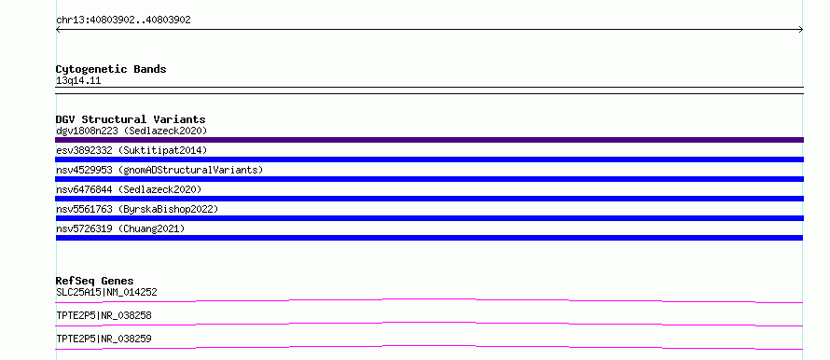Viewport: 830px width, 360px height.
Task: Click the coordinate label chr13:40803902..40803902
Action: pyautogui.click(x=123, y=21)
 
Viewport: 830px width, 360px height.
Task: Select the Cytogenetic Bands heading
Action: pyautogui.click(x=111, y=69)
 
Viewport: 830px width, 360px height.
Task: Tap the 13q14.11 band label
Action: pyautogui.click(x=78, y=81)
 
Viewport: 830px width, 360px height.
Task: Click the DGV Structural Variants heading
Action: pyautogui.click(x=131, y=119)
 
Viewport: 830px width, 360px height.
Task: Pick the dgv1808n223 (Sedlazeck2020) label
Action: pyautogui.click(x=131, y=131)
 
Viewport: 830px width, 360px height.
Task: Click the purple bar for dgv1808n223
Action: pyautogui.click(x=429, y=140)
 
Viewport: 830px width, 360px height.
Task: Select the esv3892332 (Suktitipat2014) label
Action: pyautogui.click(x=131, y=150)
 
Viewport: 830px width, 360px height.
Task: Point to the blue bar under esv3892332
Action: pyautogui.click(x=429, y=159)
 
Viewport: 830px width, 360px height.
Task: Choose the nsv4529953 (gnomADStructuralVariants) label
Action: pyautogui.click(x=159, y=170)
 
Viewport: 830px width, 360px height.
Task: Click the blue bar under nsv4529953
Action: pyautogui.click(x=429, y=179)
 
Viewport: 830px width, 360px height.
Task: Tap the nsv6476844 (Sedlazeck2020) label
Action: pyautogui.click(x=129, y=189)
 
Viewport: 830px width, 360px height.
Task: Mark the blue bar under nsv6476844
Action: pyautogui.click(x=429, y=199)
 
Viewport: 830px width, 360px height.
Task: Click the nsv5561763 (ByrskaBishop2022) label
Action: pyautogui.click(x=137, y=209)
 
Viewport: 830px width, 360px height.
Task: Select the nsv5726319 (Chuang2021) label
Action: pyautogui.click(x=120, y=228)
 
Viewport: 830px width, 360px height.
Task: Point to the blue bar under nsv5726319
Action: pyautogui.click(x=429, y=238)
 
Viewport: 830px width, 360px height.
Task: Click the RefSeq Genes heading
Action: pyautogui.click(x=95, y=281)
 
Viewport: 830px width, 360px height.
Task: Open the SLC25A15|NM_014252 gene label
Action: pyautogui.click(x=106, y=292)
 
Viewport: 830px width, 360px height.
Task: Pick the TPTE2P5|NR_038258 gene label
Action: pyautogui.click(x=104, y=315)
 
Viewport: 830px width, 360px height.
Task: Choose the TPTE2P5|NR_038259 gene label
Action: pyautogui.click(x=104, y=339)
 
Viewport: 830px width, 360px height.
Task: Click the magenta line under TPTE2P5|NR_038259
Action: pyautogui.click(x=429, y=346)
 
